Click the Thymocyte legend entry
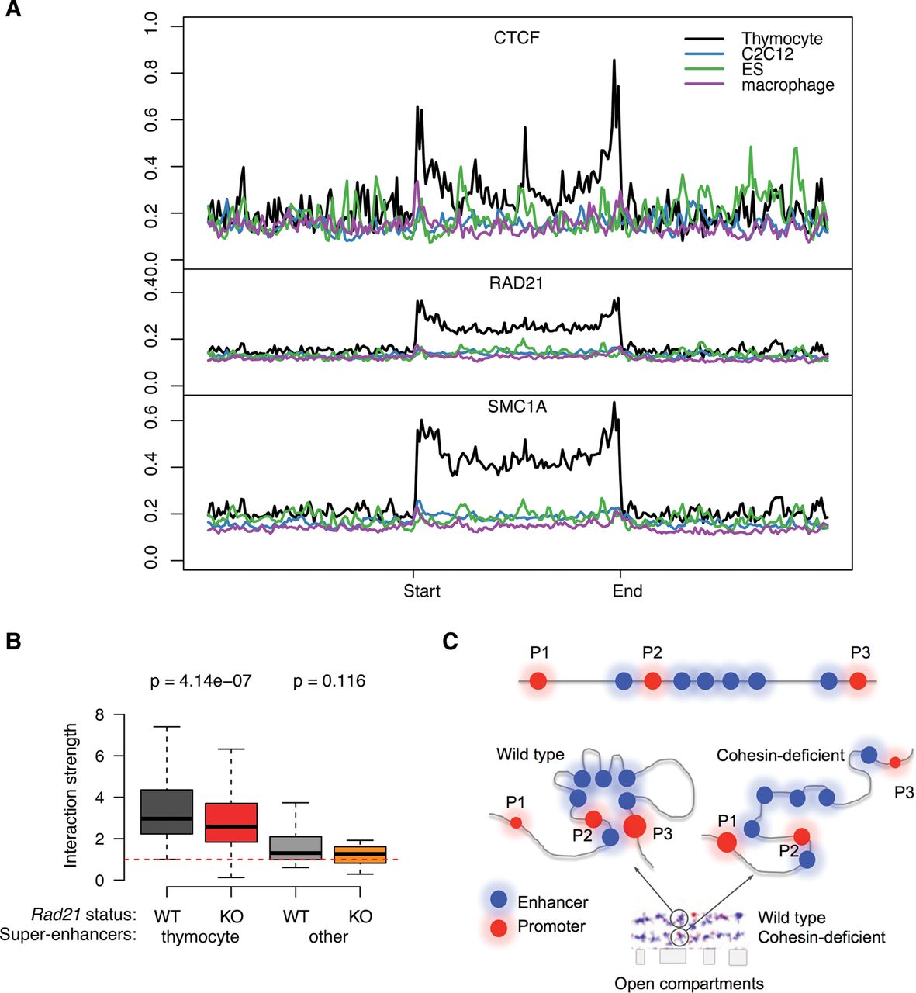click(x=781, y=39)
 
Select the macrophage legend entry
click(x=787, y=85)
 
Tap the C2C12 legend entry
click(x=767, y=54)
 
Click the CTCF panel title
click(x=517, y=38)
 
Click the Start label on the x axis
click(x=422, y=591)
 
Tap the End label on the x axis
click(x=627, y=591)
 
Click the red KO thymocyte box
click(x=231, y=822)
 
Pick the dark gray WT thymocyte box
click(x=167, y=811)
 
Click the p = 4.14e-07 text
click(x=201, y=682)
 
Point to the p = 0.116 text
click(x=329, y=682)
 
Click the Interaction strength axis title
click(x=71, y=795)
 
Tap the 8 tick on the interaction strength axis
click(x=100, y=714)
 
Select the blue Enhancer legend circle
click(x=499, y=901)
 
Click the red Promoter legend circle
click(x=499, y=926)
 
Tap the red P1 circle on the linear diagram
click(x=538, y=682)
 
